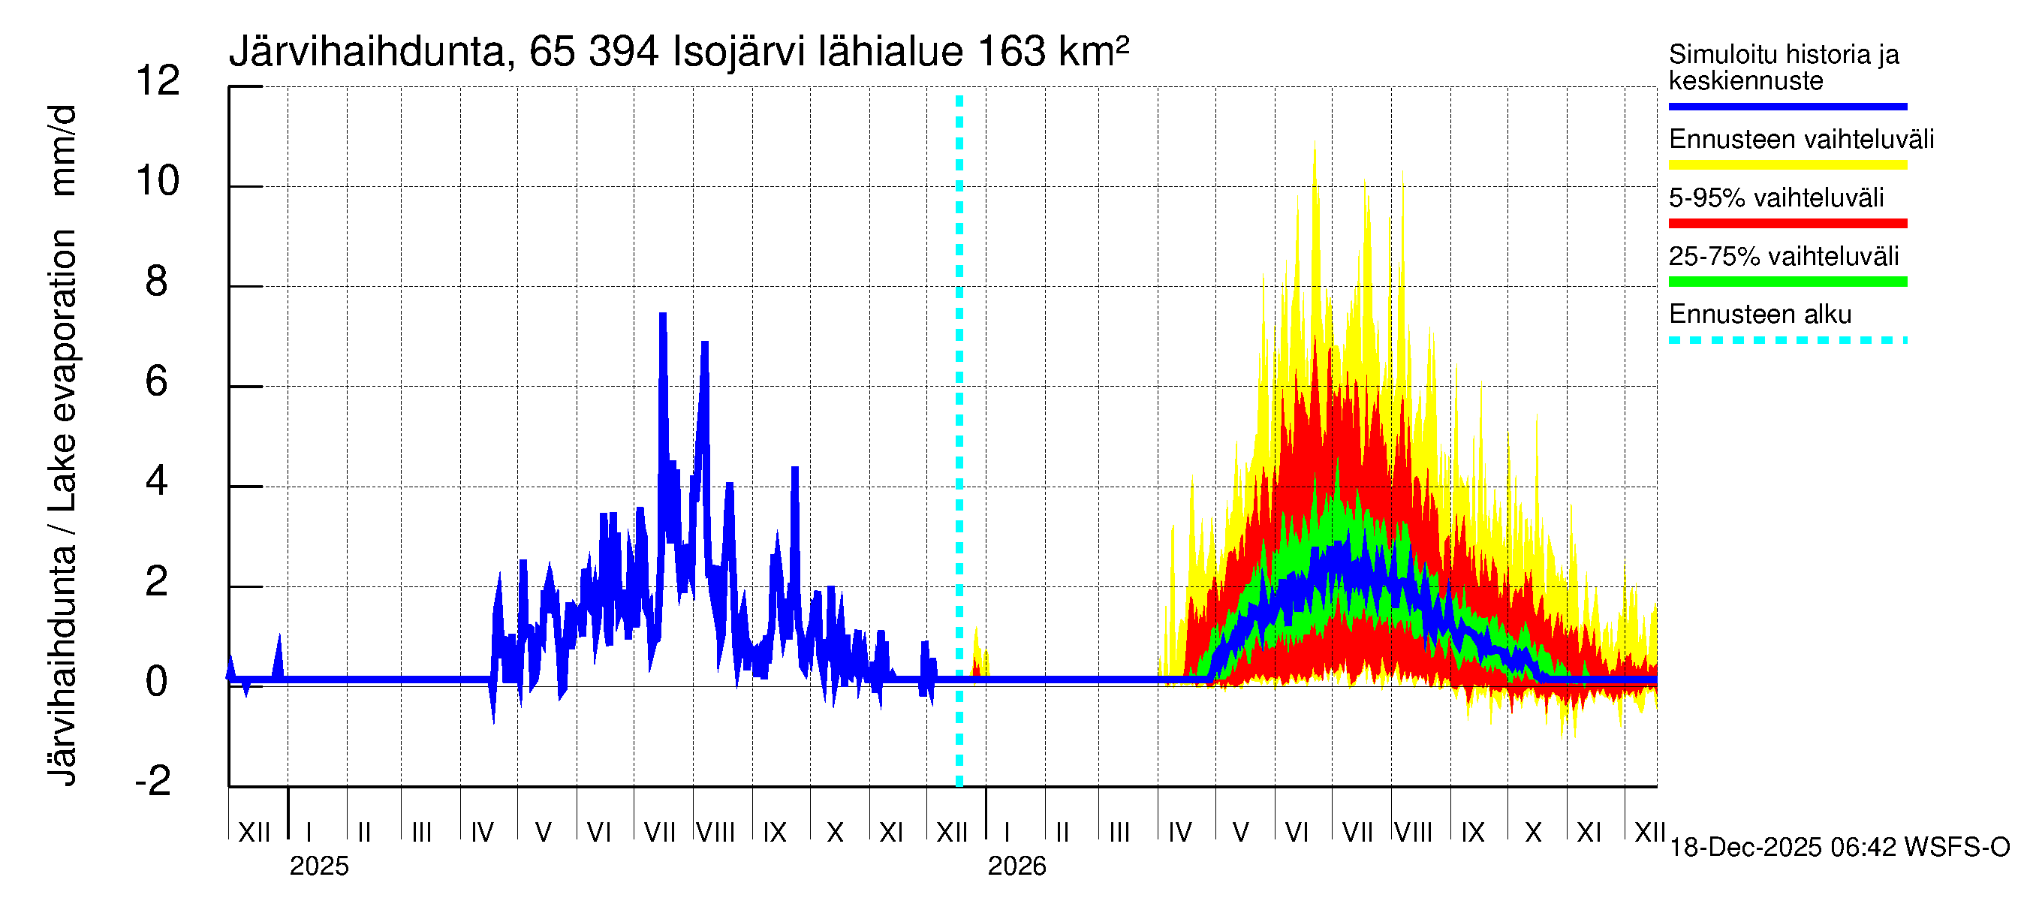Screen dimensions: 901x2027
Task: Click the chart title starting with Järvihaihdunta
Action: (x=678, y=52)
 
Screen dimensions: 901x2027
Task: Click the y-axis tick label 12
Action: (x=158, y=81)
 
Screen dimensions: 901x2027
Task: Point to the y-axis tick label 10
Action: (x=158, y=181)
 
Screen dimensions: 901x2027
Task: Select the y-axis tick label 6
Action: (x=156, y=381)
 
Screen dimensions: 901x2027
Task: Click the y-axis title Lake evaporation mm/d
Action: (x=62, y=444)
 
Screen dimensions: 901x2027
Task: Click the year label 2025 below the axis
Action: (x=318, y=866)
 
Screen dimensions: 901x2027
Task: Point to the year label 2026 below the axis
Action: (x=1017, y=866)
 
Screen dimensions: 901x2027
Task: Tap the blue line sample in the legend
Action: (x=1787, y=106)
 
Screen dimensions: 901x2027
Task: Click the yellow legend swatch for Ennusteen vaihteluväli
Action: (x=1787, y=164)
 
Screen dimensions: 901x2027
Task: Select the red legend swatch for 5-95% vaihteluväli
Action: (x=1787, y=224)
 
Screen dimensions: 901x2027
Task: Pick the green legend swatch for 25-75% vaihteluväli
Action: (x=1787, y=282)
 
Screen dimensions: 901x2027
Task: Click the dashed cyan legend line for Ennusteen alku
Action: (x=1787, y=340)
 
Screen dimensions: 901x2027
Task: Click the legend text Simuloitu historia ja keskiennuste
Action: (x=1783, y=67)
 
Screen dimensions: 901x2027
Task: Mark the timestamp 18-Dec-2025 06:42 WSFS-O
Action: (x=1839, y=847)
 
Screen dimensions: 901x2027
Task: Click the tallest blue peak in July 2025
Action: (x=663, y=315)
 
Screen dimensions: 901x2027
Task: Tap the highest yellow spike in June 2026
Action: (x=1314, y=144)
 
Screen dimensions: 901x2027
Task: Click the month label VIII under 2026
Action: (x=1413, y=832)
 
